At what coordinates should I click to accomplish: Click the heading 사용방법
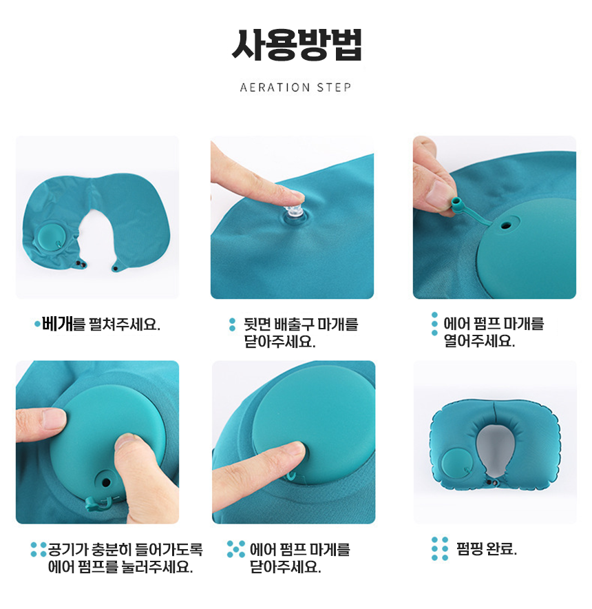297,44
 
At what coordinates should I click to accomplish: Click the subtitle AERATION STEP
295,87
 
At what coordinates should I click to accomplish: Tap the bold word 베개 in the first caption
57,324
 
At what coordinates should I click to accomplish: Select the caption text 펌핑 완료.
487,549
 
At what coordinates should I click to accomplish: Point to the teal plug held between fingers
458,205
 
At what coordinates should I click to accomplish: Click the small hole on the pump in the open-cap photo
505,225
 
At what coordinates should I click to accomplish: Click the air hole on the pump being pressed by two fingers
106,483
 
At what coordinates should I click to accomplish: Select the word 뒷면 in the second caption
257,324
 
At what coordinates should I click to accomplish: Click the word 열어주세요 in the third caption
479,341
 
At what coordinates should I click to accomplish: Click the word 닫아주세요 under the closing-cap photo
285,567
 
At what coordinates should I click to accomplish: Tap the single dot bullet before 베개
37,324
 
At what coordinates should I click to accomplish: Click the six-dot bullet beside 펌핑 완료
440,549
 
